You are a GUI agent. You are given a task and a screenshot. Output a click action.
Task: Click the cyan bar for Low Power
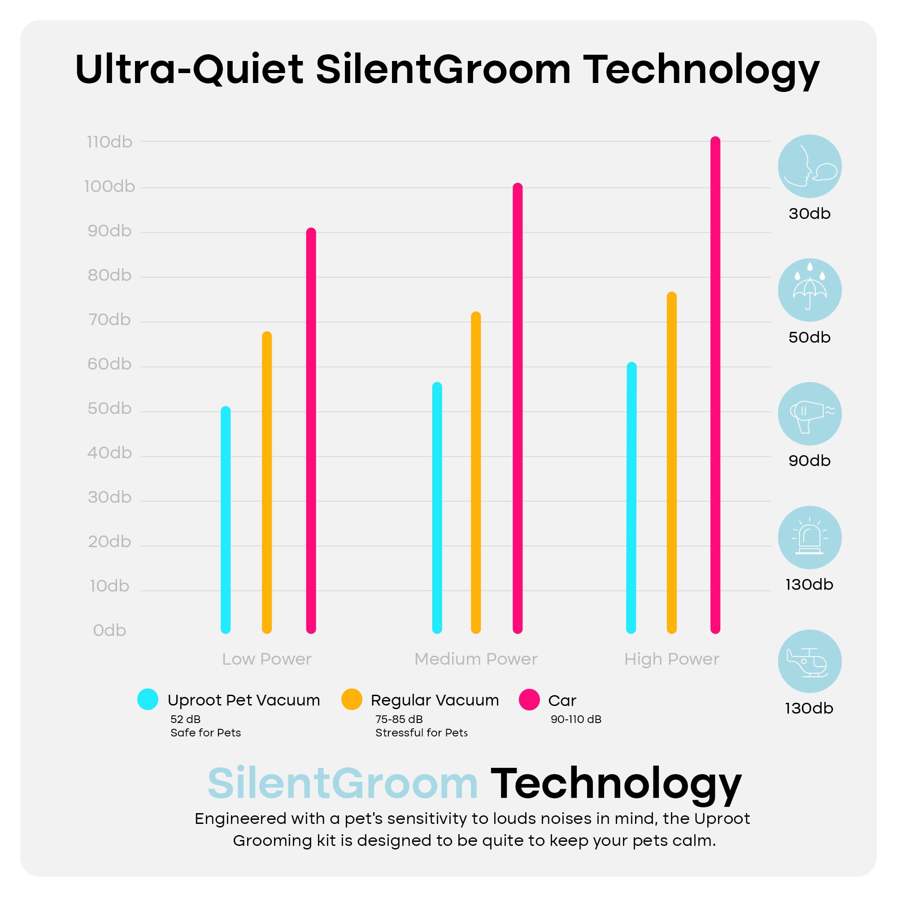pos(226,520)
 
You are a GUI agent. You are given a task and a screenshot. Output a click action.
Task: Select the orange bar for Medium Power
pos(476,473)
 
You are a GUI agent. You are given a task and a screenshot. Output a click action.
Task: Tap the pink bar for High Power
pos(715,385)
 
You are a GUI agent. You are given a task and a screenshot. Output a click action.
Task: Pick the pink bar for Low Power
pos(311,431)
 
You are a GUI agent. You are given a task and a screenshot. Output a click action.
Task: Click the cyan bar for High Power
pos(631,498)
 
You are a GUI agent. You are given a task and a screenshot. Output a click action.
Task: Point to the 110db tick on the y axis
pos(109,142)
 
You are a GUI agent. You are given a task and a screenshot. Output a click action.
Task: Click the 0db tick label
pos(109,631)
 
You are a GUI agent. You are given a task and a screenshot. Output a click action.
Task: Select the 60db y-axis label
pos(109,364)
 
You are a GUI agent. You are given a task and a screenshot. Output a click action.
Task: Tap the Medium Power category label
pos(476,659)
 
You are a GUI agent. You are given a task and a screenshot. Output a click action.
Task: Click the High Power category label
pos(671,659)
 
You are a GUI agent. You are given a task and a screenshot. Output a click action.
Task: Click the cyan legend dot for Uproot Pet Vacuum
pos(148,699)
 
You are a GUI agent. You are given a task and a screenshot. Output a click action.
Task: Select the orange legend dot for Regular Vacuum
pos(352,699)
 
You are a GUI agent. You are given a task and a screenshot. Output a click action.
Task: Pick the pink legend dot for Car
pos(529,700)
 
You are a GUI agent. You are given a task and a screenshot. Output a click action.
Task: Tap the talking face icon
pos(810,166)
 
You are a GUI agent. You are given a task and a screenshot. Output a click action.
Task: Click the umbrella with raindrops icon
pos(810,290)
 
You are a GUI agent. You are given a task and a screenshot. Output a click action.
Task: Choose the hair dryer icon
pos(810,414)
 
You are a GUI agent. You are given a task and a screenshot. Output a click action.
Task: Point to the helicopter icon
pos(810,661)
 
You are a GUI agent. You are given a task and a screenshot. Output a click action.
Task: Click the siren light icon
pos(810,538)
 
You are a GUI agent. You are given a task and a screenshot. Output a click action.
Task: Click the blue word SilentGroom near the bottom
pos(343,784)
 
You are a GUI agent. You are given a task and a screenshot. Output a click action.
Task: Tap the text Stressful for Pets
pos(422,733)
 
